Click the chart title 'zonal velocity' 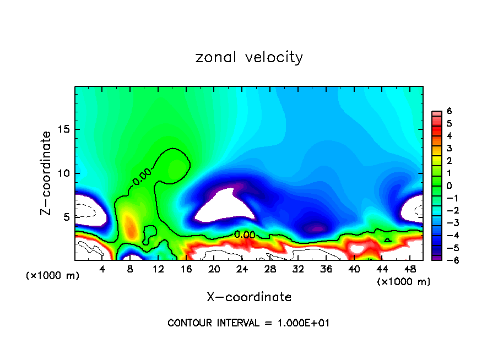249,57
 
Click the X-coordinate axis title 249,297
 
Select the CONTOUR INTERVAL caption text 248,323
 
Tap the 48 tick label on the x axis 410,269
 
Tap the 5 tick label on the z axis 65,217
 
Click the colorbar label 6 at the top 450,111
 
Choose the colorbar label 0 450,186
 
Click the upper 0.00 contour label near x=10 142,177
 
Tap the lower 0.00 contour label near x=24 245,234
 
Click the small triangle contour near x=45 388,240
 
